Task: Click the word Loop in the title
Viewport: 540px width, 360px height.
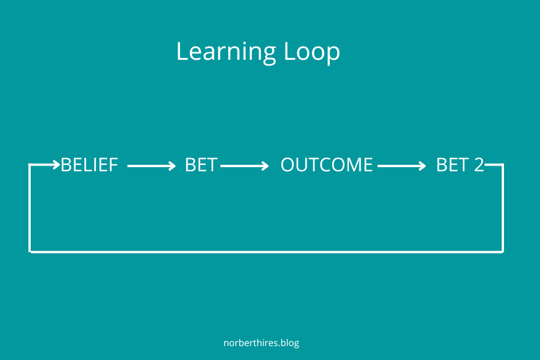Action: [x=312, y=52]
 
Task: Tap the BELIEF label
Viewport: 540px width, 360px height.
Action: [x=89, y=165]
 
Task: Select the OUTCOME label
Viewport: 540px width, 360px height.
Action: [x=326, y=165]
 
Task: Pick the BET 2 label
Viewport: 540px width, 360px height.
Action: [x=460, y=165]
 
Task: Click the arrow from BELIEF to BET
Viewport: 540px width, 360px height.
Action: [x=152, y=166]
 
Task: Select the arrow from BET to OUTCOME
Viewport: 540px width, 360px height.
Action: [x=244, y=166]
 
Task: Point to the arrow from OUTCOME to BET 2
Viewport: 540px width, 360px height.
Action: [x=402, y=166]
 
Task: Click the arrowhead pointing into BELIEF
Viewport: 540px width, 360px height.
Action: [x=56, y=165]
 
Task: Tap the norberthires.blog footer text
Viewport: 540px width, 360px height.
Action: [x=261, y=343]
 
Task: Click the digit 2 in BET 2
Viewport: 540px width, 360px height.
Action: [x=478, y=165]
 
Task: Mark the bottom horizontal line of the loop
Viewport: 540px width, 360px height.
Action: [x=267, y=252]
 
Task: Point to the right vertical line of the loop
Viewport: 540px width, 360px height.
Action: [x=503, y=208]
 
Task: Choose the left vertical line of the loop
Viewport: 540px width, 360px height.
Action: [x=30, y=208]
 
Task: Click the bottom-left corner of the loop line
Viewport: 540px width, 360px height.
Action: [x=30, y=252]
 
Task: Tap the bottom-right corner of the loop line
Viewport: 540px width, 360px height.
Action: [x=503, y=252]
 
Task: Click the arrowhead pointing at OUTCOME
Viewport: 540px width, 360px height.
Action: [x=265, y=166]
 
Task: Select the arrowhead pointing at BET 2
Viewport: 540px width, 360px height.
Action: [x=422, y=166]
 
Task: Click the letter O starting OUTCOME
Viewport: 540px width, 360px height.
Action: [x=288, y=165]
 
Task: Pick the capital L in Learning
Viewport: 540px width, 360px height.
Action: [x=182, y=52]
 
